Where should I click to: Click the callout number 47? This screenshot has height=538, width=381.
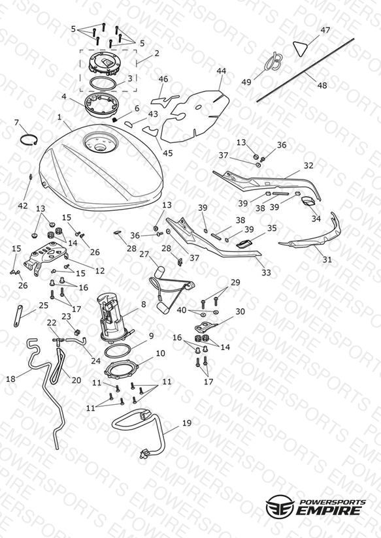pos(325,30)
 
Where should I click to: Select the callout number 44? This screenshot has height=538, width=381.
pos(222,71)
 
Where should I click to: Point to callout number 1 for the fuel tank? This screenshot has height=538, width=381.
pos(59,118)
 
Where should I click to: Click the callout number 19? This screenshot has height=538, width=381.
pos(186,423)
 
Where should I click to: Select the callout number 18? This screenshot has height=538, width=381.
pos(11,379)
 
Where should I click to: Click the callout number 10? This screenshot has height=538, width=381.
pos(161,353)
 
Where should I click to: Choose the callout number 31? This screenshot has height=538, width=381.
pos(327,260)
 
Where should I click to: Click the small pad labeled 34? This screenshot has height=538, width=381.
pos(308,201)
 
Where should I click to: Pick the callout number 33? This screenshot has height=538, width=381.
pos(266,272)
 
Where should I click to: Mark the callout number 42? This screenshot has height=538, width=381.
pos(23,206)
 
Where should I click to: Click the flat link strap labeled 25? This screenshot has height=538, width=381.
pos(18,315)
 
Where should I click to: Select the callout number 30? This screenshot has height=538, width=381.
pos(240,311)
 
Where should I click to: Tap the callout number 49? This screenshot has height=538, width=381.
pos(246,82)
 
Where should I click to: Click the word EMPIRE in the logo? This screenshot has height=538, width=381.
pos(330,510)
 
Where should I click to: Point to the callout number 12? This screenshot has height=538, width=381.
pos(99,271)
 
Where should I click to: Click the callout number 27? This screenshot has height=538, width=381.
pos(144,254)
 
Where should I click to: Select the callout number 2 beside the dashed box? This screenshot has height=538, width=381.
pos(157,54)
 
